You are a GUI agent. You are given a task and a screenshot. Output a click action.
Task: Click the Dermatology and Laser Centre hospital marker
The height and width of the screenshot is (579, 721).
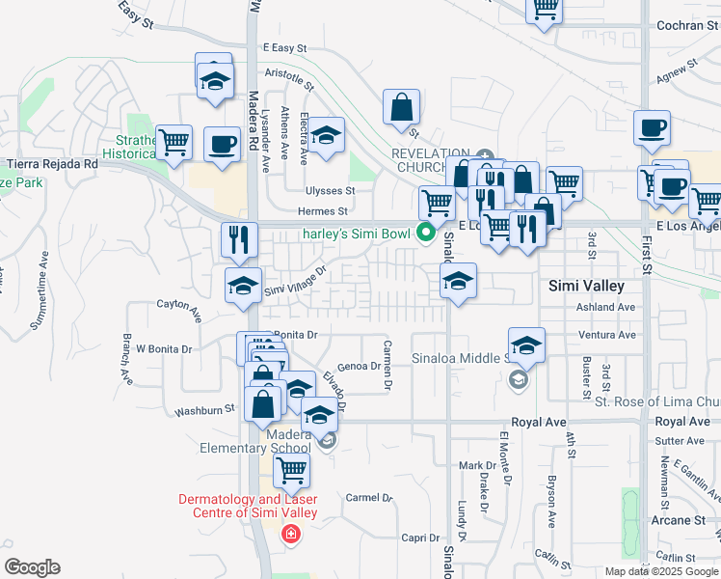(288, 534)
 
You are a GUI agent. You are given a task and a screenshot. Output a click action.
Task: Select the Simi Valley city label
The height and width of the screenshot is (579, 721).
(586, 286)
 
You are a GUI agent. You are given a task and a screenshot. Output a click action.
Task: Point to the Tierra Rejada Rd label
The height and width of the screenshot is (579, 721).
(53, 164)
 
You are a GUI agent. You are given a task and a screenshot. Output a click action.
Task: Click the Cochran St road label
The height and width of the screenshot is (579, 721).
(676, 25)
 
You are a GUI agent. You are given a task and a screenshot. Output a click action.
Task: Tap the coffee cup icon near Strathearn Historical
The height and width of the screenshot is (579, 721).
(222, 145)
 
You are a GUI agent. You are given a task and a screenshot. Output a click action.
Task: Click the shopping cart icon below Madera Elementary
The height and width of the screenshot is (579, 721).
(291, 471)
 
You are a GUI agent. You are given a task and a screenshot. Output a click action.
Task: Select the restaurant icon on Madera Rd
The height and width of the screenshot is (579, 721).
(239, 238)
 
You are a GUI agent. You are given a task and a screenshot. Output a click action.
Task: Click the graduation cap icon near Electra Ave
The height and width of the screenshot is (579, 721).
(327, 136)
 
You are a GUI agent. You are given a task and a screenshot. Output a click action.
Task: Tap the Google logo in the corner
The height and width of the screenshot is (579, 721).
(32, 567)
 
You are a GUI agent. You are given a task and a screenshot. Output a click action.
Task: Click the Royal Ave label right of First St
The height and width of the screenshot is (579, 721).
(682, 422)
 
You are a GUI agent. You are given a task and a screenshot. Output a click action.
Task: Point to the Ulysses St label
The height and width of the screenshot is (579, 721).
(331, 190)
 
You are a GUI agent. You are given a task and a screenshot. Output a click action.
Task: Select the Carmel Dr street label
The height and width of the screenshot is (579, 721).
(370, 498)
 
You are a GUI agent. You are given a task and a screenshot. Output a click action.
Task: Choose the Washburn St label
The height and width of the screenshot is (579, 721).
(204, 410)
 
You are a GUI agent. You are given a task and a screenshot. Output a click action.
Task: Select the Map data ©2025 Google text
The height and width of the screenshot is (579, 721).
(660, 571)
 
